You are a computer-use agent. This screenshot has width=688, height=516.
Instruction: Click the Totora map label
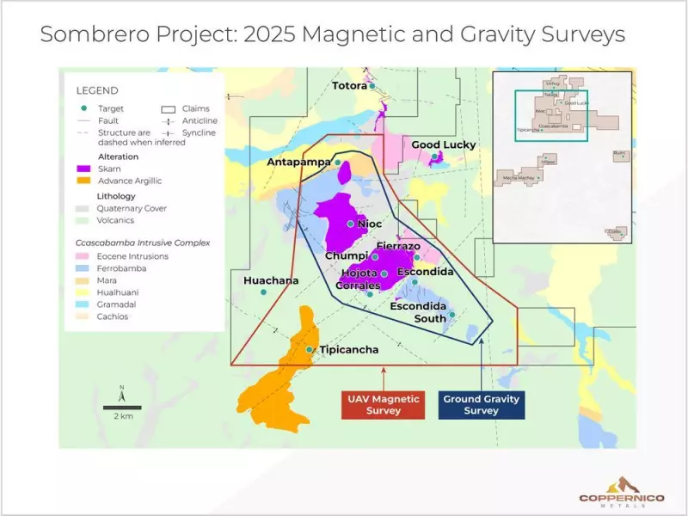[350, 86]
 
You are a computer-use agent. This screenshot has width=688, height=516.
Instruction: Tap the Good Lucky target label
[443, 144]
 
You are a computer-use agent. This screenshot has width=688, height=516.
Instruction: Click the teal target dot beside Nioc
[351, 224]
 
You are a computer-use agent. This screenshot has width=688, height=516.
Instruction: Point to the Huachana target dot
[264, 292]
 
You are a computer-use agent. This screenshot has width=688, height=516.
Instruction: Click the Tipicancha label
[348, 350]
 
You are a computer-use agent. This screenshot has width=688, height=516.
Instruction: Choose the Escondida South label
[418, 312]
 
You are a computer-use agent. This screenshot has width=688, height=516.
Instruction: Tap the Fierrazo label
[398, 246]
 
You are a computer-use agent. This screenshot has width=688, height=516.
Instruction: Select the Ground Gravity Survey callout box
[481, 405]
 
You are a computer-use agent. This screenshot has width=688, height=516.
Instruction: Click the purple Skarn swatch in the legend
[84, 169]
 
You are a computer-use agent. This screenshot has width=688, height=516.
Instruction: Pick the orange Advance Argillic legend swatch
[84, 181]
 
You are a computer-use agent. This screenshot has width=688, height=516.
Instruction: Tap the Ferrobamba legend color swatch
[84, 268]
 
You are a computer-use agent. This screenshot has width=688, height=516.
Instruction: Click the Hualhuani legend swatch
[84, 292]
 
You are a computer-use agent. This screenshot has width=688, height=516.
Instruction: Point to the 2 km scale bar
[123, 407]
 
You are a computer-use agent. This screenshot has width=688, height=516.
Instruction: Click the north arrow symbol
[122, 394]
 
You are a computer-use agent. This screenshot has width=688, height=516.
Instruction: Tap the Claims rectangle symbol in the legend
[168, 109]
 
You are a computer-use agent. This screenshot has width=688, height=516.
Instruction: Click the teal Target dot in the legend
[83, 108]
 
